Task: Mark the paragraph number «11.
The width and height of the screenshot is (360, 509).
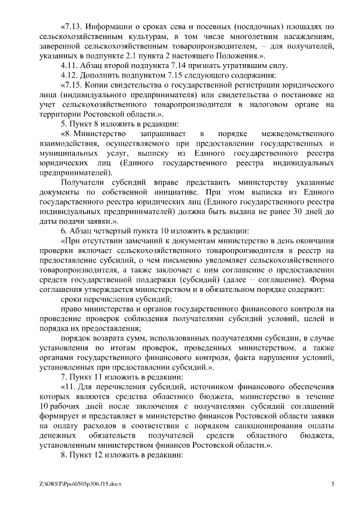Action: point(69,388)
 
